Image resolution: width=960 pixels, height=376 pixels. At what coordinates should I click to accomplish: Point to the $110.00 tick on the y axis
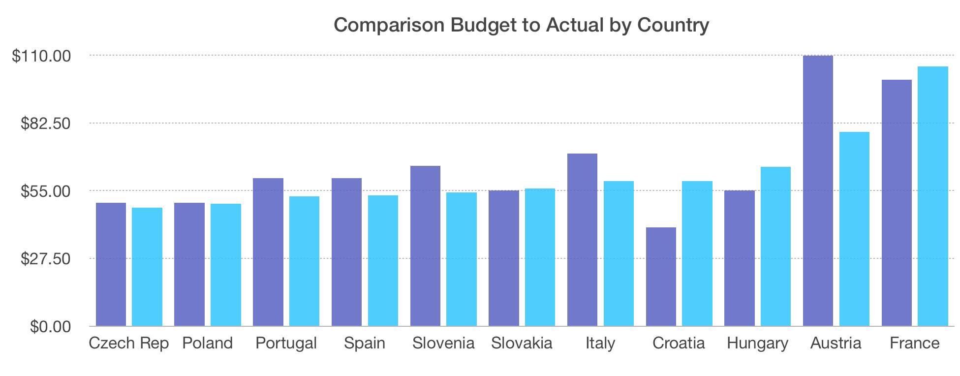point(42,56)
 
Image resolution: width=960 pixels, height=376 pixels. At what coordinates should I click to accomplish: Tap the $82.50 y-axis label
point(46,124)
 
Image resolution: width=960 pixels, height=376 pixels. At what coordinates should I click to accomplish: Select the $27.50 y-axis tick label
point(46,259)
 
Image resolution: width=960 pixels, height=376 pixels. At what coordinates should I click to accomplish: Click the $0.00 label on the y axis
point(50,327)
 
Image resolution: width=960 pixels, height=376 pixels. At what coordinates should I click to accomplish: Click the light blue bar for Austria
point(854,229)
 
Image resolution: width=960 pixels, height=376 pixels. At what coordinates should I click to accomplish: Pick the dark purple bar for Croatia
point(661,277)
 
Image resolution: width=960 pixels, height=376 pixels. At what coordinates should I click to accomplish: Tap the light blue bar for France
point(933,196)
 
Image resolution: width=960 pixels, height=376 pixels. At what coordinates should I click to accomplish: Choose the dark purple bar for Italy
point(582,240)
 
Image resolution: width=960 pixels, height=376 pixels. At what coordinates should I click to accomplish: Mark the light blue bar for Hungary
point(775,246)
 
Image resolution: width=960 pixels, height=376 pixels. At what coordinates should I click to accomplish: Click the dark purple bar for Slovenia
point(425,246)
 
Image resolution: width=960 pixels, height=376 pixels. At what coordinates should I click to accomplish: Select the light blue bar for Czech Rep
point(147,267)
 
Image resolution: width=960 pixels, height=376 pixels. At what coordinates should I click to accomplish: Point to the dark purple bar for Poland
point(189,264)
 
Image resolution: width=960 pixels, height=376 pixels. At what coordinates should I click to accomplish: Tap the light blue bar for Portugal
point(304,261)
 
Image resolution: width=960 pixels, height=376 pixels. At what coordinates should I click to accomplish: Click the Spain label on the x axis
point(365,343)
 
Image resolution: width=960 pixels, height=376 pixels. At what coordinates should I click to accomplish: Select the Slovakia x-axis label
point(522,343)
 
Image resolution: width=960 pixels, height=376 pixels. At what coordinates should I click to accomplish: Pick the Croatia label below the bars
point(679,343)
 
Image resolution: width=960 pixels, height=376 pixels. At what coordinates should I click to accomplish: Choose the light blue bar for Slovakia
point(540,257)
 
